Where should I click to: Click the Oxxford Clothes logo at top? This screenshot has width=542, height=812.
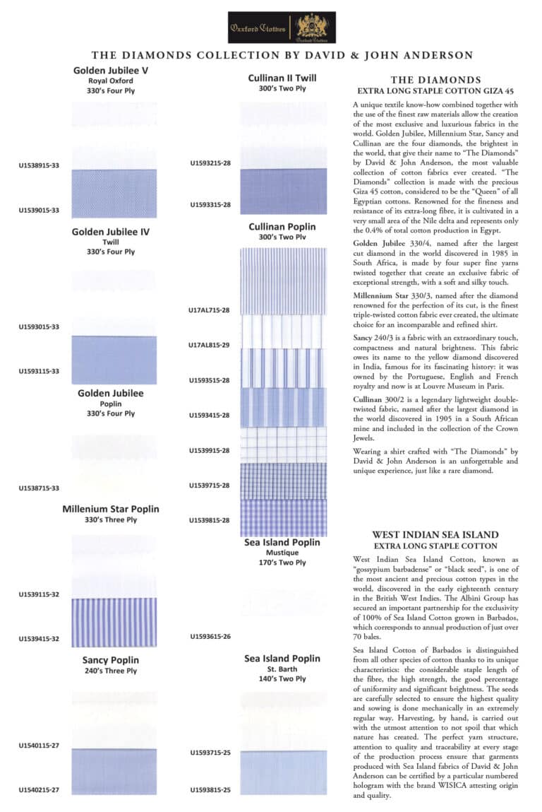[282, 28]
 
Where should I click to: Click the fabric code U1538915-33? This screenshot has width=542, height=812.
[39, 167]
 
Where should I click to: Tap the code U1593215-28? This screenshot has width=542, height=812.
[210, 163]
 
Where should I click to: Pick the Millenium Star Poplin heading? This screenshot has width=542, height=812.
[110, 509]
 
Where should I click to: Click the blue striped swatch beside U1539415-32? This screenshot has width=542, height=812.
[114, 623]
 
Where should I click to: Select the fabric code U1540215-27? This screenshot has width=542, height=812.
[39, 789]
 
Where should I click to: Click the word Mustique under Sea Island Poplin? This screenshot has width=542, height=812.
[282, 553]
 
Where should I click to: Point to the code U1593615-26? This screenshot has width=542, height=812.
[210, 636]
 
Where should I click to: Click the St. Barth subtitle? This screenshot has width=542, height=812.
[282, 669]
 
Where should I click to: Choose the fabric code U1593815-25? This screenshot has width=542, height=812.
[210, 789]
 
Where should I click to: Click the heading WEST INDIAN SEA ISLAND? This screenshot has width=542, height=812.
[435, 535]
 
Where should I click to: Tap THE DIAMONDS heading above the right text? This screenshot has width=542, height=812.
[435, 80]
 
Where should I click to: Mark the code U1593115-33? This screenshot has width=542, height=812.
[39, 371]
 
